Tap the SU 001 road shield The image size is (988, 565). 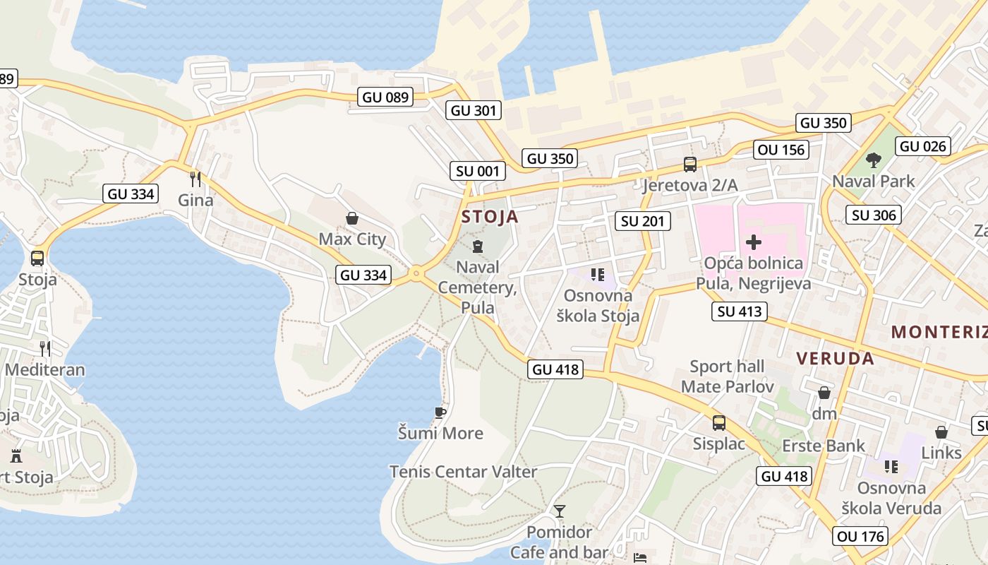(478, 170)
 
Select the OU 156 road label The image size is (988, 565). (781, 150)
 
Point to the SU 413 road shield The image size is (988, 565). (740, 311)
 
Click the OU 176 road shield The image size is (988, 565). (860, 536)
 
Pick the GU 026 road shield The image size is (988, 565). (923, 146)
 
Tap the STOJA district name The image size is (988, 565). (490, 217)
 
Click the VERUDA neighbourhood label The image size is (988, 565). (835, 358)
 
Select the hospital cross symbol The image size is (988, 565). (753, 243)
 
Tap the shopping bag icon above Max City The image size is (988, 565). (352, 219)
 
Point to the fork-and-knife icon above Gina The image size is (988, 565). (195, 179)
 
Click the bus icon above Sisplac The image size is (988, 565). (718, 423)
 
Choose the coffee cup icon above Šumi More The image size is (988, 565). (440, 412)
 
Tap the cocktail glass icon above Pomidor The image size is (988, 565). (560, 511)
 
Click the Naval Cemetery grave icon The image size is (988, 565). (478, 246)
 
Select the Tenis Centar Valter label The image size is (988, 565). (463, 471)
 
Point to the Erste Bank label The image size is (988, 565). (824, 446)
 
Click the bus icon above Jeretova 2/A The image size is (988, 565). (689, 165)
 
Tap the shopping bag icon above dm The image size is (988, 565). (824, 393)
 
